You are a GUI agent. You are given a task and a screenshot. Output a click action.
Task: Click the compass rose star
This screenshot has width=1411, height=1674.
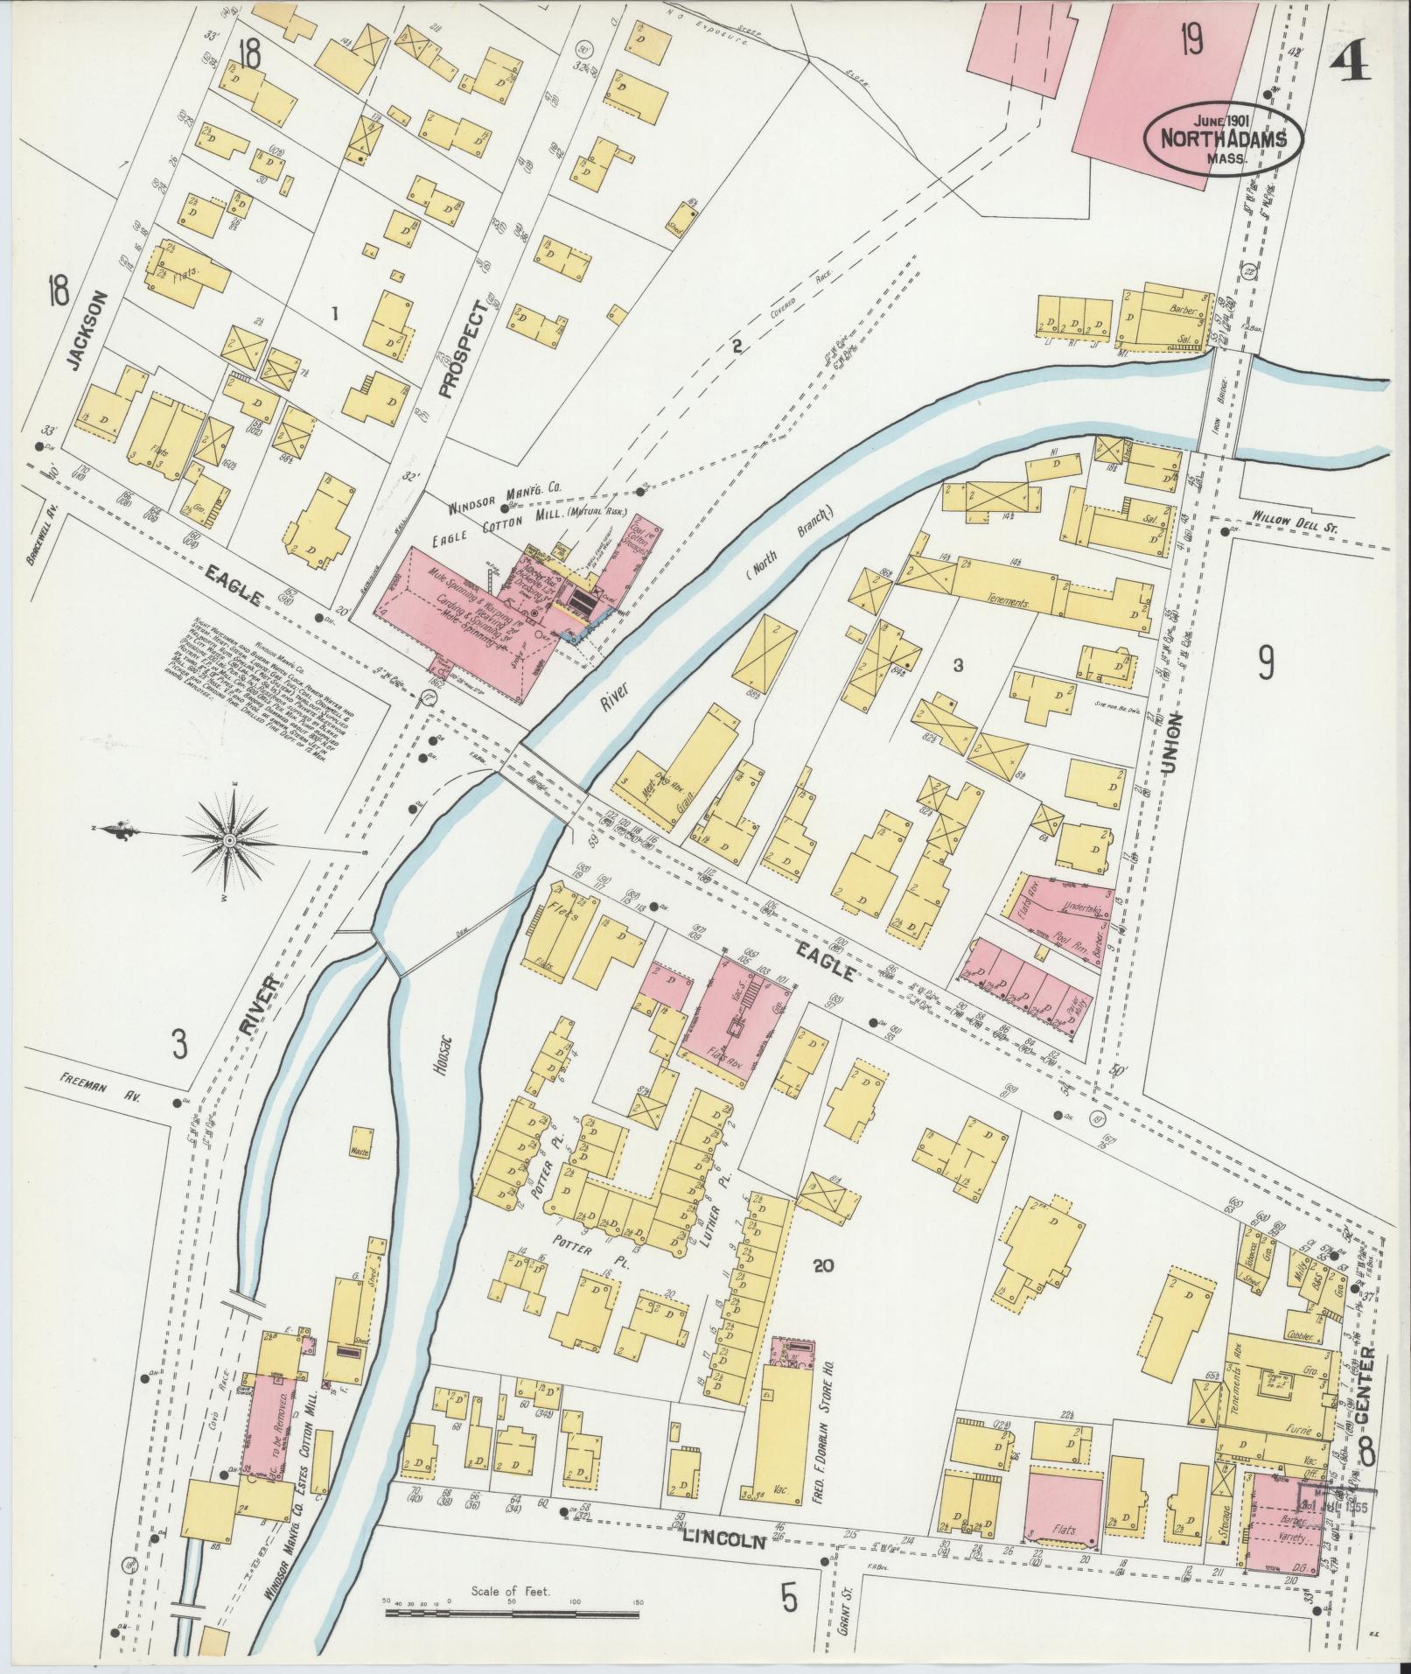229,841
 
